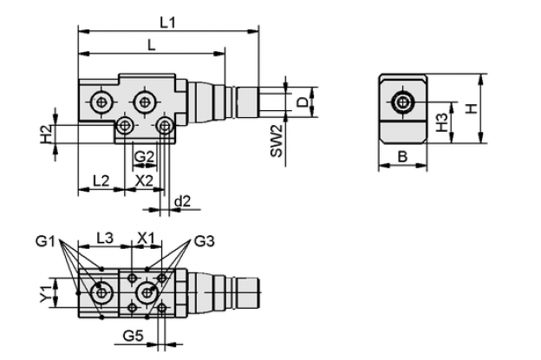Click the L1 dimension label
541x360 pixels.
(168, 23)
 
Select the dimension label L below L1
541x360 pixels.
(152, 45)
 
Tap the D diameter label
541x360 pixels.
(303, 102)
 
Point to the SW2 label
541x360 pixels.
(277, 141)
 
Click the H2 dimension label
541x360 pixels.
(47, 134)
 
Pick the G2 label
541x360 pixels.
(144, 157)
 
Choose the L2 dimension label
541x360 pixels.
(101, 180)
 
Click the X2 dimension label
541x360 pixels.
(144, 180)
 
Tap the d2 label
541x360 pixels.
(182, 201)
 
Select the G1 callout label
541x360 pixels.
(45, 241)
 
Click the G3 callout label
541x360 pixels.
(205, 241)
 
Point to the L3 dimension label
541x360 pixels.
(105, 238)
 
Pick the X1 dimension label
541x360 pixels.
(147, 238)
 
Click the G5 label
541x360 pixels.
(134, 336)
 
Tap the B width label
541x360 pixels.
(402, 157)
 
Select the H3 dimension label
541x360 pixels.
(441, 123)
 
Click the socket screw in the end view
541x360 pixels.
(402, 101)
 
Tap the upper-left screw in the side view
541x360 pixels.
(101, 101)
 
